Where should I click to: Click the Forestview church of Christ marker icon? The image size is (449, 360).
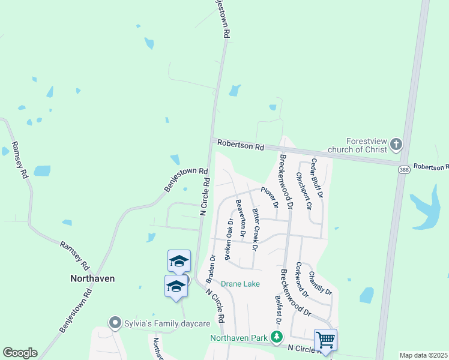pyautogui.click(x=396, y=144)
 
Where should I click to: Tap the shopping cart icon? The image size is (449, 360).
pyautogui.click(x=325, y=340)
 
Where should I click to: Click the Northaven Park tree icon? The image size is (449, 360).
pyautogui.click(x=277, y=337)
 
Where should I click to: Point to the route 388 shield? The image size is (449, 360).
pyautogui.click(x=403, y=170)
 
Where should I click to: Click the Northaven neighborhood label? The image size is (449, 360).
pyautogui.click(x=92, y=278)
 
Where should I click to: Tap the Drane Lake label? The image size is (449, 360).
pyautogui.click(x=240, y=284)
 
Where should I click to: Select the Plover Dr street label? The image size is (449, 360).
pyautogui.click(x=270, y=197)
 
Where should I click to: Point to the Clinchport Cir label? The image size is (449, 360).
pyautogui.click(x=304, y=190)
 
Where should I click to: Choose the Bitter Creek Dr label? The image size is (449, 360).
pyautogui.click(x=256, y=229)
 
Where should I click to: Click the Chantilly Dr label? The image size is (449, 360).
pyautogui.click(x=320, y=283)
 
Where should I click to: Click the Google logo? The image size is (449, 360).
pyautogui.click(x=20, y=353)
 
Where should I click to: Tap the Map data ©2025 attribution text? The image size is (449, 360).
pyautogui.click(x=423, y=355)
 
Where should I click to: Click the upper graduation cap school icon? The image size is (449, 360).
pyautogui.click(x=179, y=260)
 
